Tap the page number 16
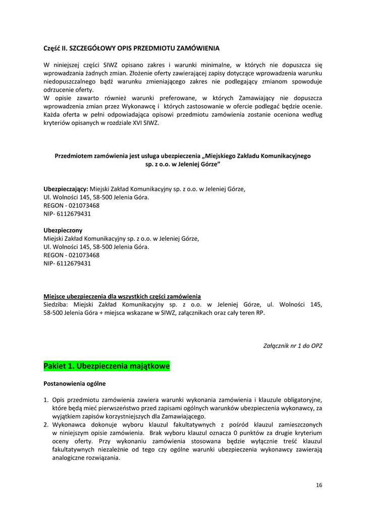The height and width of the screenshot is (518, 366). [319, 485]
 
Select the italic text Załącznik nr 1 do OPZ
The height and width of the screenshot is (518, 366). [293, 346]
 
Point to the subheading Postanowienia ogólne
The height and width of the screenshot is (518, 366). [75, 383]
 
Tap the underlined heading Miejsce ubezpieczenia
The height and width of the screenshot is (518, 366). [122, 296]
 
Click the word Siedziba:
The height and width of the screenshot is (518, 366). [57, 305]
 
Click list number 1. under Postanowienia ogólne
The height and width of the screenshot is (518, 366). [46, 400]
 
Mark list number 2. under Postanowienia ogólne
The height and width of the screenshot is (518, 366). [46, 424]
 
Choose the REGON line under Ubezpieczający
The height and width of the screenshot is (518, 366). [71, 205]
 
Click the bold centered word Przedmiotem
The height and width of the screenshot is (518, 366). [75, 156]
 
